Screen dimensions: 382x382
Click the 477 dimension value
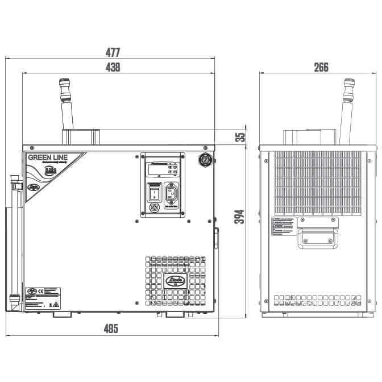point(113,52)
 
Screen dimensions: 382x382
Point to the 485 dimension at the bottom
point(113,329)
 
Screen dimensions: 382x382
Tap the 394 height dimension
point(240,217)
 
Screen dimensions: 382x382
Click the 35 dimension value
point(240,137)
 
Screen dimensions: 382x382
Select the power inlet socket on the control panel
point(173,194)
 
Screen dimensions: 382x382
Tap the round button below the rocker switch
point(152,209)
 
